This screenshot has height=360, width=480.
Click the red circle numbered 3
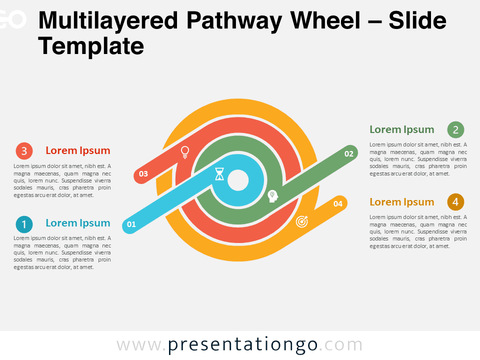(x=24, y=151)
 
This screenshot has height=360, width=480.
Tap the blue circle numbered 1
(x=24, y=224)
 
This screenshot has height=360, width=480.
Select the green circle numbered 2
(x=455, y=130)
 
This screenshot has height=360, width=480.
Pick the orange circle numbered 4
(x=455, y=202)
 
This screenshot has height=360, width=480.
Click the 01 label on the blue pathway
(x=131, y=224)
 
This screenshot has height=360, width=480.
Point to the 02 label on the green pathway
(x=349, y=153)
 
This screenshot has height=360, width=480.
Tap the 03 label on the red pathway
(x=143, y=174)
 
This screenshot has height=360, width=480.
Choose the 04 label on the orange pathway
(x=337, y=204)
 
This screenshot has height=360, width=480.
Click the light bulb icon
(x=185, y=152)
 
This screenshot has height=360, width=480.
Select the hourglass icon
(x=219, y=174)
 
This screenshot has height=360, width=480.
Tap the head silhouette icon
(x=272, y=196)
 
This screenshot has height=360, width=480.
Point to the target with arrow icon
(x=302, y=221)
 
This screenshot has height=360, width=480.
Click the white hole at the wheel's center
(x=238, y=180)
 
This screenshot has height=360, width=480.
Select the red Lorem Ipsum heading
(x=78, y=150)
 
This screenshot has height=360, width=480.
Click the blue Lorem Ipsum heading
(x=78, y=223)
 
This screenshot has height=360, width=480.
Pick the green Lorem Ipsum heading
(x=401, y=130)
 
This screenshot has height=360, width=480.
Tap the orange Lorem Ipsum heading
(x=401, y=202)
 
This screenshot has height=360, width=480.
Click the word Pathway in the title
(x=234, y=21)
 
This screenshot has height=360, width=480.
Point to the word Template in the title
(x=91, y=46)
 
